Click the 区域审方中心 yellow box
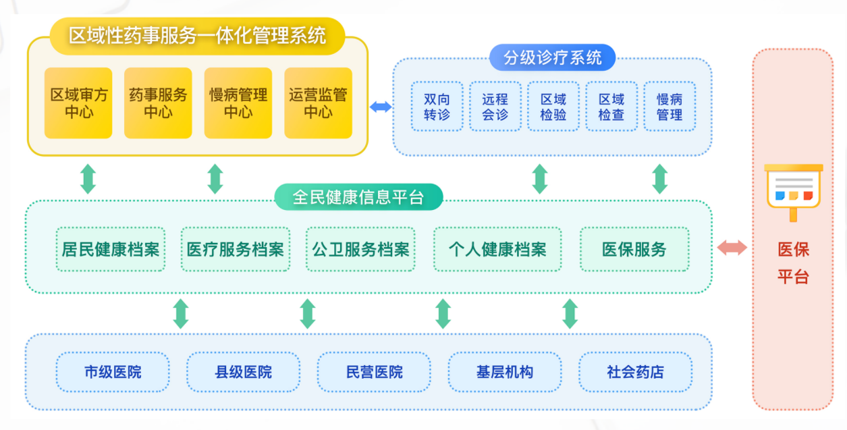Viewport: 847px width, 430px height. pos(78,103)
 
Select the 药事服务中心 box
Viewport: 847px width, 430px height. pos(158,103)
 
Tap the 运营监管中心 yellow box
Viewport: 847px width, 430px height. pos(318,103)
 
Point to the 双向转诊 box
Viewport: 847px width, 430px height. pos(437,106)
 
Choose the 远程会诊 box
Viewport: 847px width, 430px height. pos(495,106)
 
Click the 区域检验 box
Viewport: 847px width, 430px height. pos(553,106)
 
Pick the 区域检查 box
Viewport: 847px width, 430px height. pos(611,106)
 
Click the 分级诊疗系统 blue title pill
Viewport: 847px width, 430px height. pos(553,57)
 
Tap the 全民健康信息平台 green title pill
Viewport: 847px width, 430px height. pos(358,196)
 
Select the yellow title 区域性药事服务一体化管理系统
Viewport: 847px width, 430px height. pos(197,36)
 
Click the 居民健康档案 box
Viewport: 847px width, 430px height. pos(111,249)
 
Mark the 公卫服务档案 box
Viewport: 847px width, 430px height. pos(360,249)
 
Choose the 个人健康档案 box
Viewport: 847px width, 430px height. pos(497,249)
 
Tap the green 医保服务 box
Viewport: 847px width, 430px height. pos(634,249)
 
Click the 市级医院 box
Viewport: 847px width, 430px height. pos(113,372)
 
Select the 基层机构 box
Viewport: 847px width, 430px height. pos(505,372)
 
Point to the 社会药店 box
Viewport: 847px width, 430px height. pos(635,372)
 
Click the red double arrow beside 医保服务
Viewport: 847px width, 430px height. pos(732,248)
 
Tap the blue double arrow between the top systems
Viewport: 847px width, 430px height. pos(381,107)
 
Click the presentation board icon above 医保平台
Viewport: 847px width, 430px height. pos(793,192)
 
